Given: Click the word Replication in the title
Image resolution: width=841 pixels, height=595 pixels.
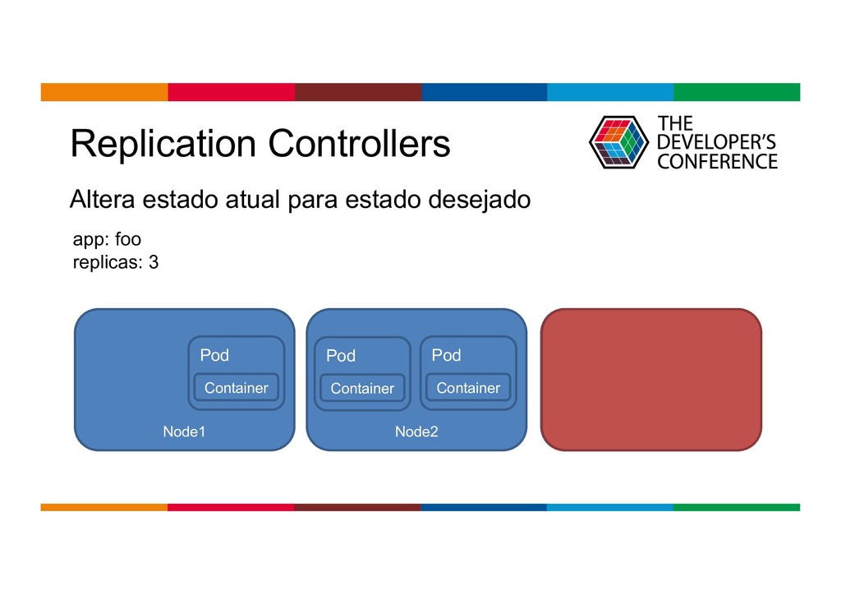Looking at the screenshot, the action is [163, 145].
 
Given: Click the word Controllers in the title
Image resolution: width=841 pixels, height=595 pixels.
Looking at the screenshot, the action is [359, 145].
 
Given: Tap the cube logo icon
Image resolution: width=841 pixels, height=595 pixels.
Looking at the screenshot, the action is [618, 142].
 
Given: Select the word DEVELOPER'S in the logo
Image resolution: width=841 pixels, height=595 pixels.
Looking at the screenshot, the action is [716, 142].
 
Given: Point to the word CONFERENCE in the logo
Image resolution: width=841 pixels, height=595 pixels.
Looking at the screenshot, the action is [717, 161].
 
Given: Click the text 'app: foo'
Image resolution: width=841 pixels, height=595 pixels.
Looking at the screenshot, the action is [107, 240].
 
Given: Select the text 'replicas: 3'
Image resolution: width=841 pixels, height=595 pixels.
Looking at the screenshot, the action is [116, 263].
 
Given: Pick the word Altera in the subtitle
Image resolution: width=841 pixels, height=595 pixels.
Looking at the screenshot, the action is [103, 200].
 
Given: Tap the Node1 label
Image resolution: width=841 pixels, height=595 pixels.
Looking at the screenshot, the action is [184, 432].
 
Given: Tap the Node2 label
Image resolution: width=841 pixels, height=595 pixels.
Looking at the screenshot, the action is [416, 432].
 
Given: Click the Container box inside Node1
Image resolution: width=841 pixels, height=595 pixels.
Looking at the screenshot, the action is [236, 388].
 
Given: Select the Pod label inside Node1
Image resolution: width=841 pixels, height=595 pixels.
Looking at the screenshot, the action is [214, 356].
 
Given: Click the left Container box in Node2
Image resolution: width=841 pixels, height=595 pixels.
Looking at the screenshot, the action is [362, 389].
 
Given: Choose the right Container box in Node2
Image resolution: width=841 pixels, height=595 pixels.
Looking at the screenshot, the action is [468, 388].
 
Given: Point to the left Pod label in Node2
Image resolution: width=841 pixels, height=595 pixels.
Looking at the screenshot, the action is [341, 356].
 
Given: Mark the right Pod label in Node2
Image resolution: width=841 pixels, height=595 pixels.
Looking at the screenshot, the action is [446, 356].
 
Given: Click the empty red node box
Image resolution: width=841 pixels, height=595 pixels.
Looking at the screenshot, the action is [650, 380].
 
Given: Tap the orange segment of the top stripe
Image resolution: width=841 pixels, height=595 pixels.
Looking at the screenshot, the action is [104, 91].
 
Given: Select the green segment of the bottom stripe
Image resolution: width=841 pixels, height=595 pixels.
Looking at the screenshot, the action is [736, 507].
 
